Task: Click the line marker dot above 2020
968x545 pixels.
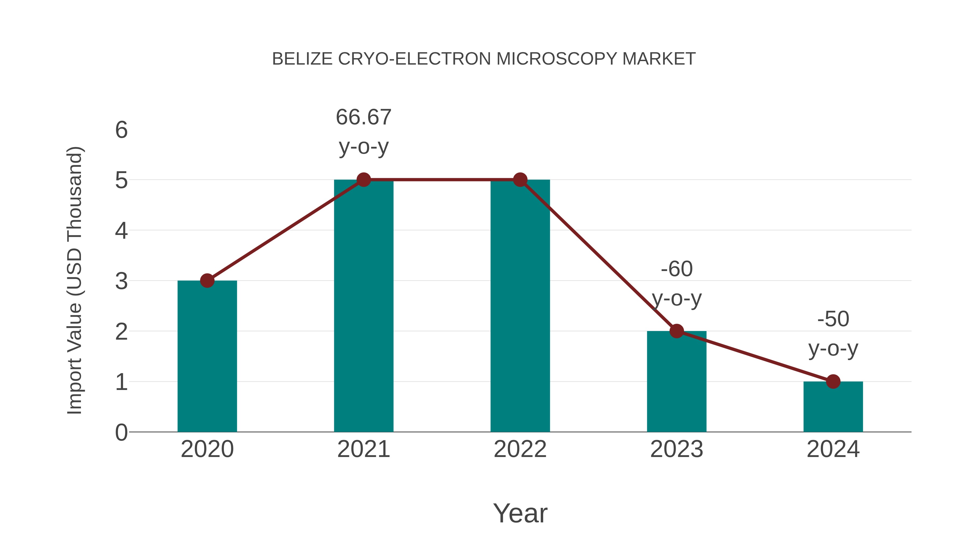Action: (x=207, y=281)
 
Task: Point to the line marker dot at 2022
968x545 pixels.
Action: (x=520, y=180)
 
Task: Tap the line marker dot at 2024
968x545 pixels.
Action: (x=833, y=381)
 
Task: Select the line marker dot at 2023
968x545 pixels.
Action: (x=677, y=331)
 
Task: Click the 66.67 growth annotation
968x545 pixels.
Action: (x=363, y=117)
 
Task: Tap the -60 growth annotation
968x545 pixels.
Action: (x=677, y=269)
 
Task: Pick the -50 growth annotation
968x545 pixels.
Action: (x=833, y=319)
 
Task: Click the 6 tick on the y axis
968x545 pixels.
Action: (x=121, y=130)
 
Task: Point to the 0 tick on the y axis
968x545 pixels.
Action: (x=121, y=433)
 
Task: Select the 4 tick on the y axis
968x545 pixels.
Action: (x=121, y=231)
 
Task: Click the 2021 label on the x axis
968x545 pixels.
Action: (x=363, y=449)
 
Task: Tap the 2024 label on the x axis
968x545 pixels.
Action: (x=833, y=449)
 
